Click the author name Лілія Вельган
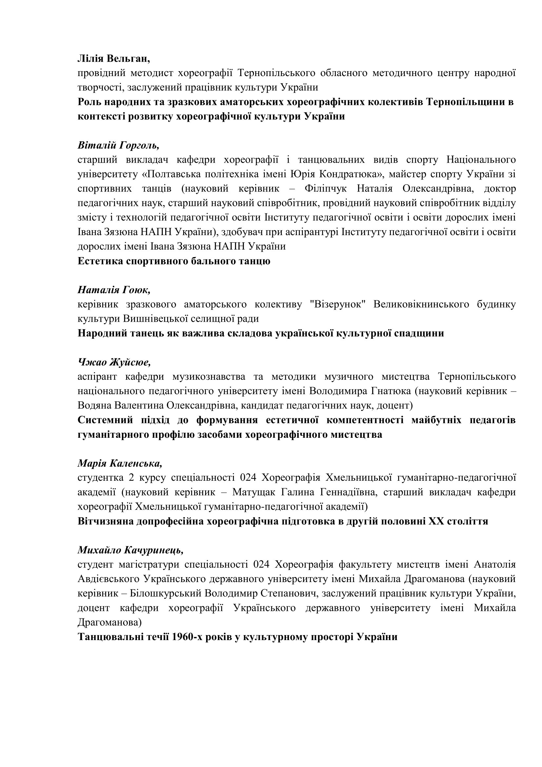(113, 59)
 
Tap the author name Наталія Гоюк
(114, 290)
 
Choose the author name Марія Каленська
(120, 463)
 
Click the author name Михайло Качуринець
(130, 550)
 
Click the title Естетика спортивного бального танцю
(174, 261)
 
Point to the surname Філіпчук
(325, 189)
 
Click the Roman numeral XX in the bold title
(436, 521)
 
